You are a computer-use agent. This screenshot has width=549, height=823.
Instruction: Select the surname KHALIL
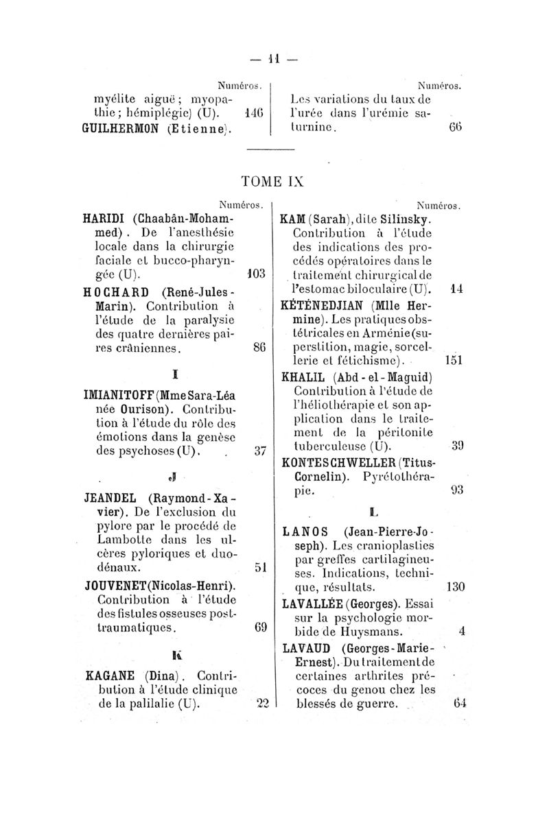[305, 378]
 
